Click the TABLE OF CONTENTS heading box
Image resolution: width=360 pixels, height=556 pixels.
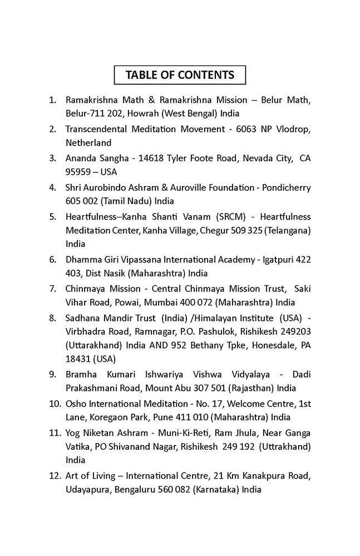[180, 75]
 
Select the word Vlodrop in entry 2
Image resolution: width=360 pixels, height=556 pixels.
[293, 129]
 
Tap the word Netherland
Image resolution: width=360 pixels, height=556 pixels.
[88, 142]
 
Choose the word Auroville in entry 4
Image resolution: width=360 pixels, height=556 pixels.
[191, 187]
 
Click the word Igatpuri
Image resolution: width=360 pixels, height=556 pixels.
[272, 260]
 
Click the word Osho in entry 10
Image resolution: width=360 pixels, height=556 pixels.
[76, 403]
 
